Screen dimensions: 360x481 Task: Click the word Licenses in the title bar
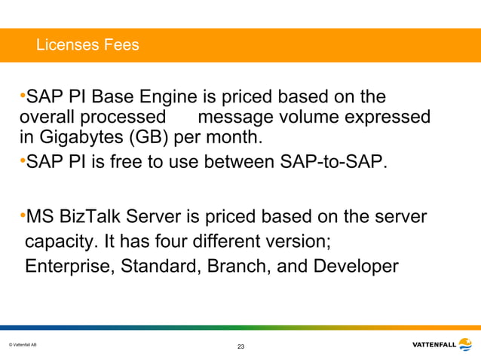(x=66, y=45)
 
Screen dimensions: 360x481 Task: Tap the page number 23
(x=240, y=346)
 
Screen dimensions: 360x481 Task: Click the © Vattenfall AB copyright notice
(x=23, y=345)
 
